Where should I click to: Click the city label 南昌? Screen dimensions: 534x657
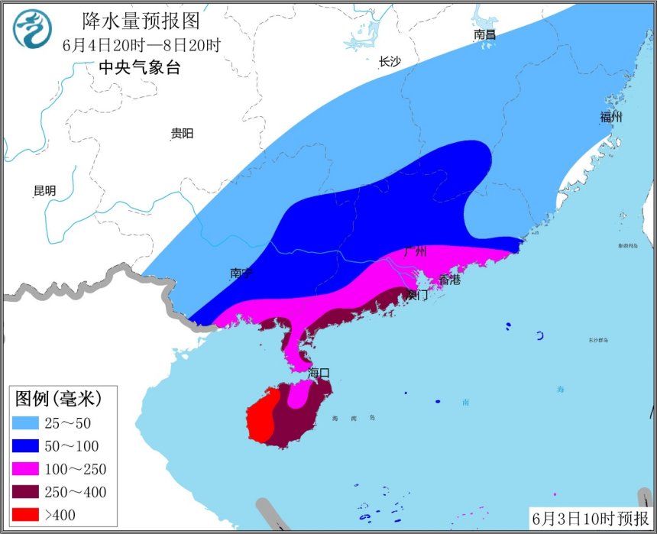484,34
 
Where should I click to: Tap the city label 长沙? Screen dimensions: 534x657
390,62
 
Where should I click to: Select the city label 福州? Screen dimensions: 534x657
611,117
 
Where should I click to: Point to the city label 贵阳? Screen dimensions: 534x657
182,134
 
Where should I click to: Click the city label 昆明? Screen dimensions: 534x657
44,191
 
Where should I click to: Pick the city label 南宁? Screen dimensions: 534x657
241,273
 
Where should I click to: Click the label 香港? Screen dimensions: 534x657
449,280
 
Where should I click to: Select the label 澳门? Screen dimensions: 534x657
417,294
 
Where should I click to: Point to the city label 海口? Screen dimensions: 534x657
319,372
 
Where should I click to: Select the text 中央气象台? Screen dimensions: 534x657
139,67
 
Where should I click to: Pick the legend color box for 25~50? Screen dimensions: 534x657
28,423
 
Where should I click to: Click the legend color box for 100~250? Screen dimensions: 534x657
28,469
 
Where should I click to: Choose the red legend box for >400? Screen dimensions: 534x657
28,514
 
